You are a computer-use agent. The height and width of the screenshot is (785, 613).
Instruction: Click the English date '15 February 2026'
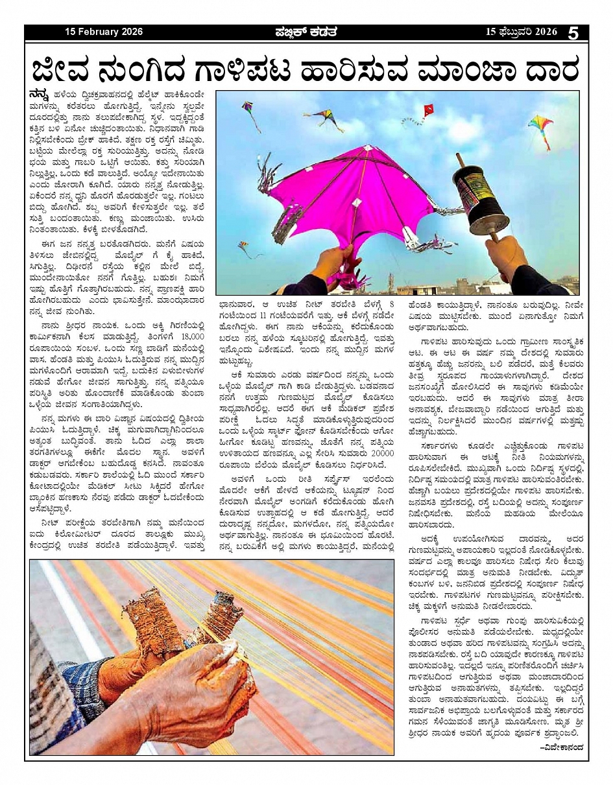pyautogui.click(x=104, y=32)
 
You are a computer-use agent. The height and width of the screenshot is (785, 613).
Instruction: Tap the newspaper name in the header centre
pyautogui.click(x=305, y=32)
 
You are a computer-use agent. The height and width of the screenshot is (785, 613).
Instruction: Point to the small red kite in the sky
pyautogui.click(x=428, y=111)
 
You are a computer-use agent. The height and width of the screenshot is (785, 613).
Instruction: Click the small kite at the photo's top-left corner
pyautogui.click(x=250, y=110)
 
